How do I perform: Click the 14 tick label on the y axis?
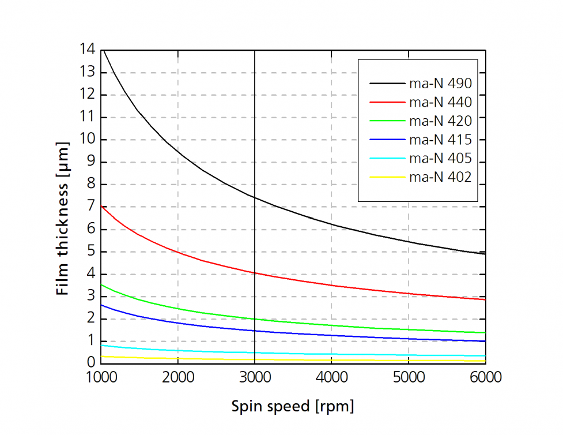click(88, 50)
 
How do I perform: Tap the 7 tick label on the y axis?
click(91, 207)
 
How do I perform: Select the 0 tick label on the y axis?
click(91, 363)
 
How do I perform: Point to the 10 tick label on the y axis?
click(88, 140)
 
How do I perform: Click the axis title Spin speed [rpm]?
click(293, 406)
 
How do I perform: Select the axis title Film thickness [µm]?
click(63, 219)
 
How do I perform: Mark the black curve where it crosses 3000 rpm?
click(255, 197)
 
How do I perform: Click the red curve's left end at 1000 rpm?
click(102, 206)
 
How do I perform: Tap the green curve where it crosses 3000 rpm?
click(255, 318)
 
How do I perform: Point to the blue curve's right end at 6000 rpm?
click(485, 341)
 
